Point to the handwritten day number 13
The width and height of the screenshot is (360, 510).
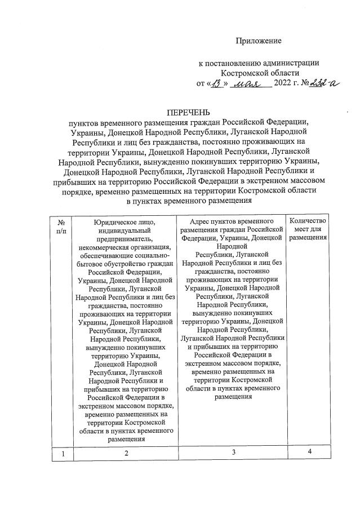click(x=217, y=83)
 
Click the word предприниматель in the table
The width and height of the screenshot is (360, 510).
click(x=126, y=240)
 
